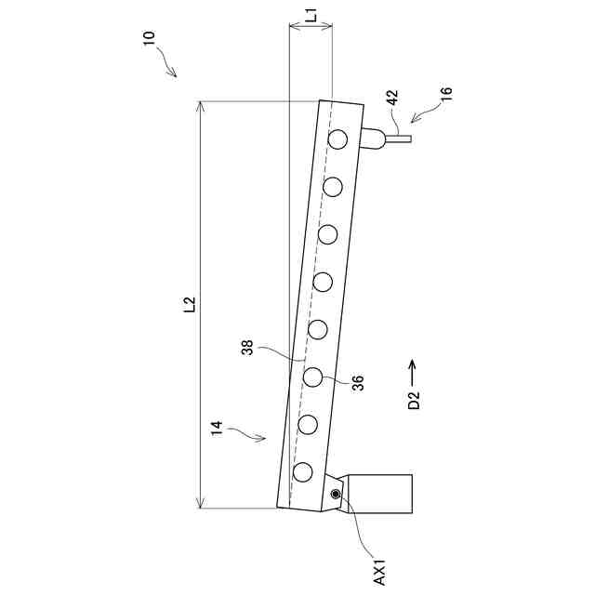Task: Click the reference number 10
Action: [149, 38]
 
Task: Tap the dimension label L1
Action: [311, 17]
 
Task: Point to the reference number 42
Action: [392, 97]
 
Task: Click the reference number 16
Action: [446, 93]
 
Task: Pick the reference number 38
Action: [247, 347]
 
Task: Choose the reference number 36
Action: [357, 382]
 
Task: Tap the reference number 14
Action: [217, 430]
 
